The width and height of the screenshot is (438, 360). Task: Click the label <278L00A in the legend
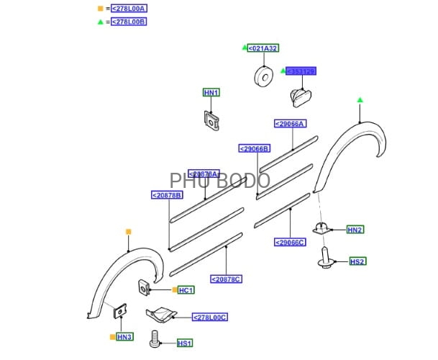point(129,9)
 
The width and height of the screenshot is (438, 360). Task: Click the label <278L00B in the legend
point(129,22)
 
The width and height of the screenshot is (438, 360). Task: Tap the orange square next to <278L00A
point(100,9)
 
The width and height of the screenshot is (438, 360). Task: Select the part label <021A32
point(263,48)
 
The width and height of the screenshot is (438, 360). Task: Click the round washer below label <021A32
point(263,76)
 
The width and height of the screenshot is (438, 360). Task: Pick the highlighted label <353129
point(301,71)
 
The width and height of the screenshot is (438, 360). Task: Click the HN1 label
point(211,92)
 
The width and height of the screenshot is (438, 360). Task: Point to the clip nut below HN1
point(211,120)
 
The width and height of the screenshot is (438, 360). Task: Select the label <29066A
point(290,124)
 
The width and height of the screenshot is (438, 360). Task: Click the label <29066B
point(254,149)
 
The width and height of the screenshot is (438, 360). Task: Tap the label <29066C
point(290,242)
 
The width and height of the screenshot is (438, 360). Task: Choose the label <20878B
point(167,195)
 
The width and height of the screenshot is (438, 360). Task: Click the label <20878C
point(226,279)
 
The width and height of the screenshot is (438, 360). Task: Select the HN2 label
point(355,230)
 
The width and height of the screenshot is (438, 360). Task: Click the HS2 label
point(357,261)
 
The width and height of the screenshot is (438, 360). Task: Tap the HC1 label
point(186,290)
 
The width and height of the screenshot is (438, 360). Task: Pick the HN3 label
point(124,337)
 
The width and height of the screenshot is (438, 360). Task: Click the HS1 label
point(186,343)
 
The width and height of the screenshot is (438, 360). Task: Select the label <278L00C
point(209,317)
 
